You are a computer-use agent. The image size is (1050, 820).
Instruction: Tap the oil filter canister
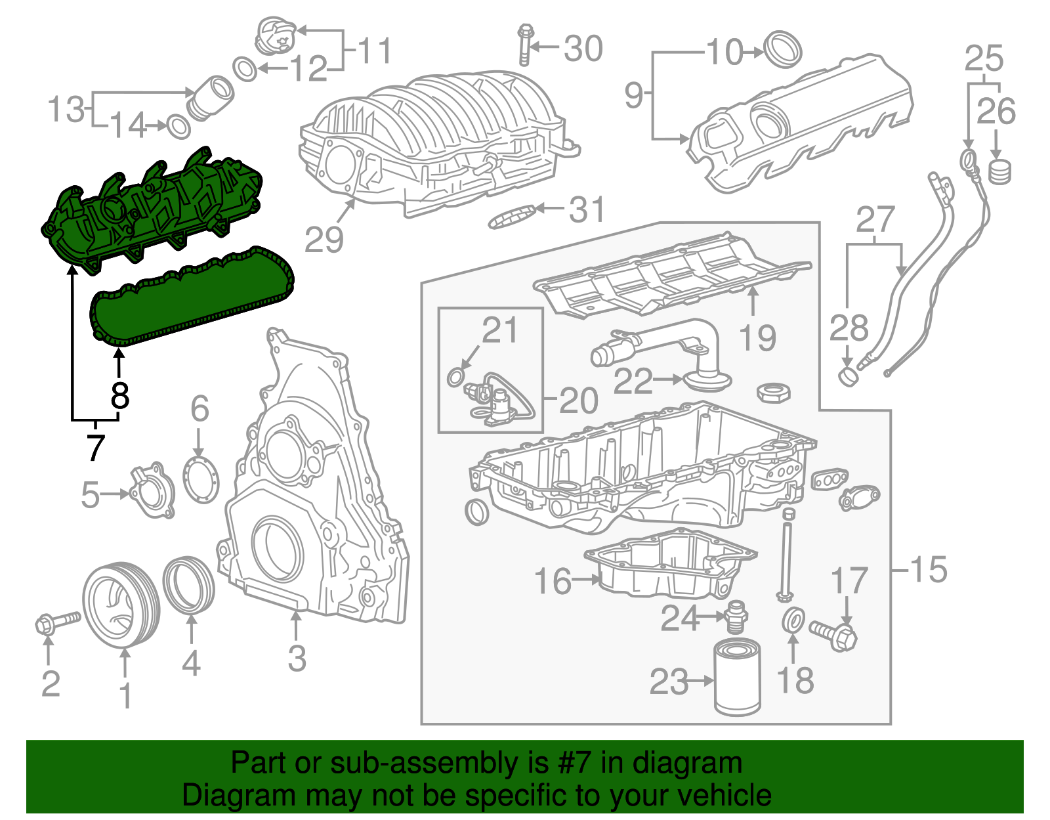pos(737,680)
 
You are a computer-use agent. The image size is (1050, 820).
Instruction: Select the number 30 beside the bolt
pos(583,49)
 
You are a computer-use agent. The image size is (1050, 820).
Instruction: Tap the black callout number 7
pos(96,448)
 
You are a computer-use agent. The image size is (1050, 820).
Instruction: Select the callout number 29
pos(324,240)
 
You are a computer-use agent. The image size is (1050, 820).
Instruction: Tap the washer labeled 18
pos(793,620)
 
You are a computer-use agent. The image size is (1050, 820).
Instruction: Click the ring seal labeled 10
pos(784,49)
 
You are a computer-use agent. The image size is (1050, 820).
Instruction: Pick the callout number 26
pos(996,112)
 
